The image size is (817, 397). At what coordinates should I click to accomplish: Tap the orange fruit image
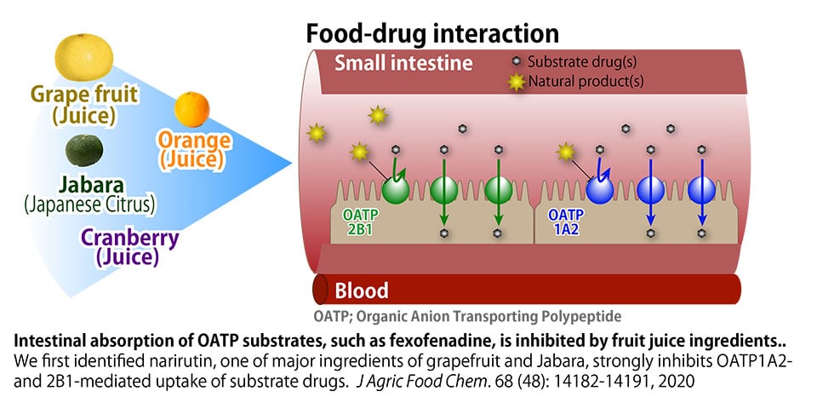coord(191,108)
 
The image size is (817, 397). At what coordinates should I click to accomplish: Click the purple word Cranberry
coord(131,238)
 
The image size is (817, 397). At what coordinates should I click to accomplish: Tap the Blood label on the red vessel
coord(361,290)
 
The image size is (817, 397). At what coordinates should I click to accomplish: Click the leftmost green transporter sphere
coord(396,189)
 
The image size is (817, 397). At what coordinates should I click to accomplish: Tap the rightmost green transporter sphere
coord(498,189)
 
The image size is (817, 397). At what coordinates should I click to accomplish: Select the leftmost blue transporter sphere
coord(602,189)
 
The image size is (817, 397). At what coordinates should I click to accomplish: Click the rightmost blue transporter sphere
coord(702,189)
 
